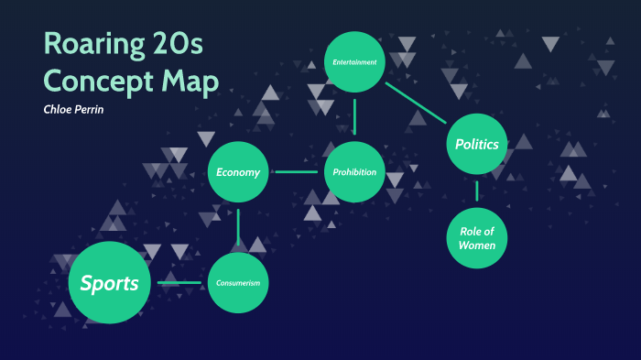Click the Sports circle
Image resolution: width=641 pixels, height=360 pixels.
pyautogui.click(x=109, y=283)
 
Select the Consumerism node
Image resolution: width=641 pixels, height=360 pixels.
pyautogui.click(x=238, y=283)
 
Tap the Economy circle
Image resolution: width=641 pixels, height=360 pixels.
pyautogui.click(x=238, y=171)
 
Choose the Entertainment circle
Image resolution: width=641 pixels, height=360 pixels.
pyautogui.click(x=355, y=61)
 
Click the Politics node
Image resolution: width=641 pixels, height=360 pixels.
pyautogui.click(x=476, y=144)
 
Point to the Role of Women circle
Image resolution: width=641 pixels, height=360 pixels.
pyautogui.click(x=476, y=238)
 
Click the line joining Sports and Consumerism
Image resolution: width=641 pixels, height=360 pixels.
pyautogui.click(x=180, y=283)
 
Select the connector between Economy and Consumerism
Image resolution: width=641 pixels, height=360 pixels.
pyautogui.click(x=238, y=227)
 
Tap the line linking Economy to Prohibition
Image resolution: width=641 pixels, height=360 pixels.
pyautogui.click(x=297, y=171)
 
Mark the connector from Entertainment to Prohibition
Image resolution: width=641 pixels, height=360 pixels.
pyautogui.click(x=355, y=116)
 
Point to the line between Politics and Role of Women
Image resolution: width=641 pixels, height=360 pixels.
pyautogui.click(x=476, y=191)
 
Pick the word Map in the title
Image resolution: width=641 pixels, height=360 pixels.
pyautogui.click(x=189, y=82)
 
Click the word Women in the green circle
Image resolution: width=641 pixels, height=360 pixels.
pyautogui.click(x=476, y=245)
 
